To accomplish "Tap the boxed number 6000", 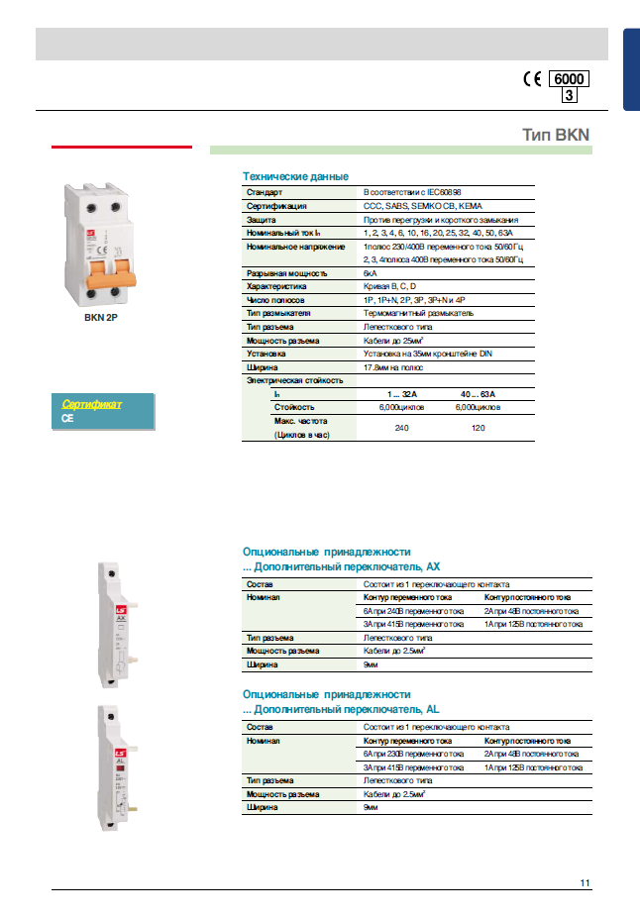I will coord(569,79).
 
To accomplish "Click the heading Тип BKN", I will coord(557,135).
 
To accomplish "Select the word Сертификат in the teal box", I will coord(92,404).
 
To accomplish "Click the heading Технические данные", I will coord(295,175).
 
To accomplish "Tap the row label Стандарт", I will coord(265,192).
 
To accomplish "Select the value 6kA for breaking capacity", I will coord(371,272).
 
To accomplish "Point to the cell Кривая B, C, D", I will coord(392,286).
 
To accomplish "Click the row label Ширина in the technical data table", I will coord(262,366).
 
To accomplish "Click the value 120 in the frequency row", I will coord(478,428).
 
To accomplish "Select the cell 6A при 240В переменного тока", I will coord(414,611).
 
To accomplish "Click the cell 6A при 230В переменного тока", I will coord(414,754).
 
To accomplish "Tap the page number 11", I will coord(586,882).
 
